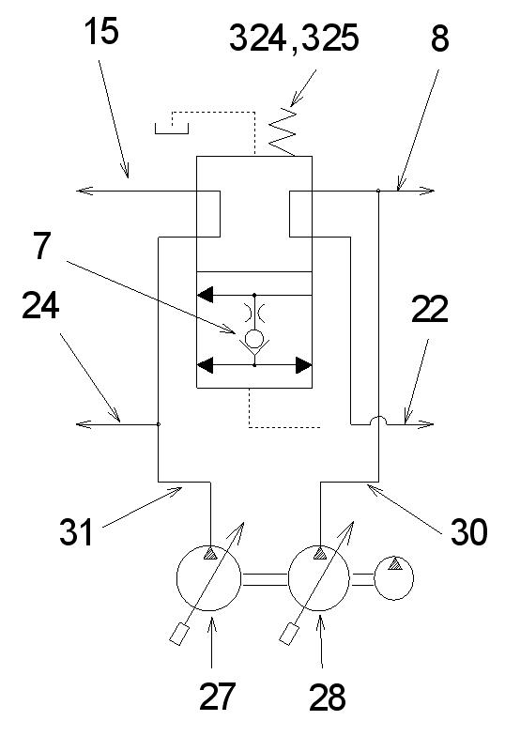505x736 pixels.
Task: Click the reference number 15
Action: coord(101,32)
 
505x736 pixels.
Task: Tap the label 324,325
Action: coord(295,38)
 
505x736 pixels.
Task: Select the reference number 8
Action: coord(439,38)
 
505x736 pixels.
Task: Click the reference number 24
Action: coord(40,306)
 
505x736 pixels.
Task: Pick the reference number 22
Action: coord(430,309)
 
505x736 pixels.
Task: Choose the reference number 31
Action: coord(76,532)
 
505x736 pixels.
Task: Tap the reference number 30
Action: coord(469,532)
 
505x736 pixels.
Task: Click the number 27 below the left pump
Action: coord(217,697)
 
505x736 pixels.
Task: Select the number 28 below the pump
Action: coord(327,697)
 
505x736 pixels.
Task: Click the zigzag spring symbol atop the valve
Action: coord(283,131)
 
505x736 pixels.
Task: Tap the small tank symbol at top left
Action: coord(172,128)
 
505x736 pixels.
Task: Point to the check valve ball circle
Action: coord(255,338)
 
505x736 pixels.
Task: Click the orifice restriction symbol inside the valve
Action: coord(255,312)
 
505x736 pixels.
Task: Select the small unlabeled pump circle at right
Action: coord(394,578)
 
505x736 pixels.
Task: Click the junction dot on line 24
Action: coord(159,424)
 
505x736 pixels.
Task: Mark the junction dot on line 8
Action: coord(378,191)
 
